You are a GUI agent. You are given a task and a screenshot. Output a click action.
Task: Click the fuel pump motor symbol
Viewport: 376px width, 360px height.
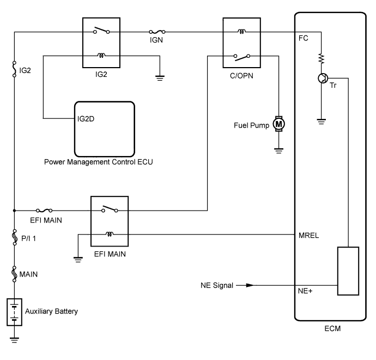click(278, 124)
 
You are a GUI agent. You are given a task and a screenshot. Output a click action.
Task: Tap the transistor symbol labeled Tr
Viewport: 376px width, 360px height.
click(323, 78)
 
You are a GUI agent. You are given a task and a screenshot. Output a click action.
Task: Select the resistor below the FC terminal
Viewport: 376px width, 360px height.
click(322, 59)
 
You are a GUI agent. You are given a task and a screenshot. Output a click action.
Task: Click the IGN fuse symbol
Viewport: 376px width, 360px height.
click(157, 32)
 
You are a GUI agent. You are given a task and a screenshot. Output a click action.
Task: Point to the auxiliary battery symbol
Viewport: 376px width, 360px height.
click(14, 312)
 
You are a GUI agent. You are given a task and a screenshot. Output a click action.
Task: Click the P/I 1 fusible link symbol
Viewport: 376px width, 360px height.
click(15, 237)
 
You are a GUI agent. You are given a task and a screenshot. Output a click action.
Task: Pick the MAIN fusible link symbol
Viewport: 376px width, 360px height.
click(14, 274)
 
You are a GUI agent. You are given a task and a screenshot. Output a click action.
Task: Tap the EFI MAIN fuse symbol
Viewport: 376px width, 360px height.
click(44, 211)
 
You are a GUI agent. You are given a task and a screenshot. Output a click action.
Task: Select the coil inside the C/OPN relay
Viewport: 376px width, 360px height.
click(241, 31)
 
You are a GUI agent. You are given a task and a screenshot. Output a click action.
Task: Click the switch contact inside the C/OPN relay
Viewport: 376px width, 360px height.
click(242, 57)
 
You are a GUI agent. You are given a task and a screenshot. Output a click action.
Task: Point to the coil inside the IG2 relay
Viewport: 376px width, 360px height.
click(101, 56)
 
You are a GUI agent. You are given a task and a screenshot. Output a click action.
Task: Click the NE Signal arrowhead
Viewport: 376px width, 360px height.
click(250, 285)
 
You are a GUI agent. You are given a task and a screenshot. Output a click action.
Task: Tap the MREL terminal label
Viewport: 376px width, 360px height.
click(308, 236)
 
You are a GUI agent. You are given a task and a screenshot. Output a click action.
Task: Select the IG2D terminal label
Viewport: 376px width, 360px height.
click(86, 119)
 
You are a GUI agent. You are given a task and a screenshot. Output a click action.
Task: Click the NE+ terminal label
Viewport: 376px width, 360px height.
click(305, 291)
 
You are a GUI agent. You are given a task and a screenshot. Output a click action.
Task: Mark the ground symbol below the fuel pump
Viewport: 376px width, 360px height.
click(278, 151)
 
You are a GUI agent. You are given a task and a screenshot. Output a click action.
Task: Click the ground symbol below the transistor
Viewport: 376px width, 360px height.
click(322, 122)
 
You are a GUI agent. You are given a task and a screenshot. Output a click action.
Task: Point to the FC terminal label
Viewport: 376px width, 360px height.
click(304, 38)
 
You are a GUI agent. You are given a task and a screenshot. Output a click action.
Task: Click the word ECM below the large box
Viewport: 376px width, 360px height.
click(332, 328)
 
